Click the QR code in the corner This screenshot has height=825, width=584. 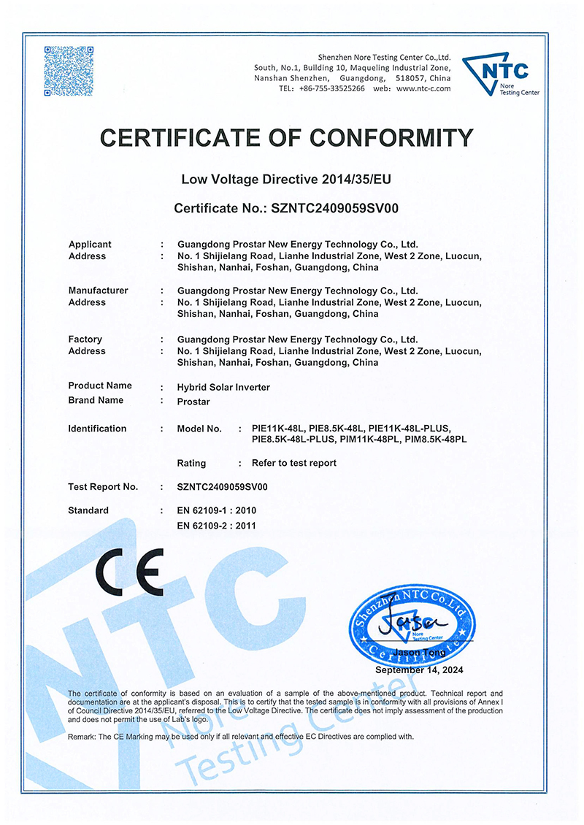[70, 72]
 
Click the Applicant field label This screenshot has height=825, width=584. [90, 245]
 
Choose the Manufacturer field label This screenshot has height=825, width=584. [98, 291]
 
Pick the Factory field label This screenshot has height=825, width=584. [85, 339]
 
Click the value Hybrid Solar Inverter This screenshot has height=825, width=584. [224, 387]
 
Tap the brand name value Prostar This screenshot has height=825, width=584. [194, 401]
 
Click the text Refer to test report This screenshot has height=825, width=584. [294, 463]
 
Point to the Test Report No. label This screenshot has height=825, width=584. [103, 486]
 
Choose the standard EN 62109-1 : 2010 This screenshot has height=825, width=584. [217, 510]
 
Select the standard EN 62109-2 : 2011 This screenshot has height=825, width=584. [217, 525]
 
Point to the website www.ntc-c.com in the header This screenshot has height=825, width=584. [423, 88]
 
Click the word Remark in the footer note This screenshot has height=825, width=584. [82, 737]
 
